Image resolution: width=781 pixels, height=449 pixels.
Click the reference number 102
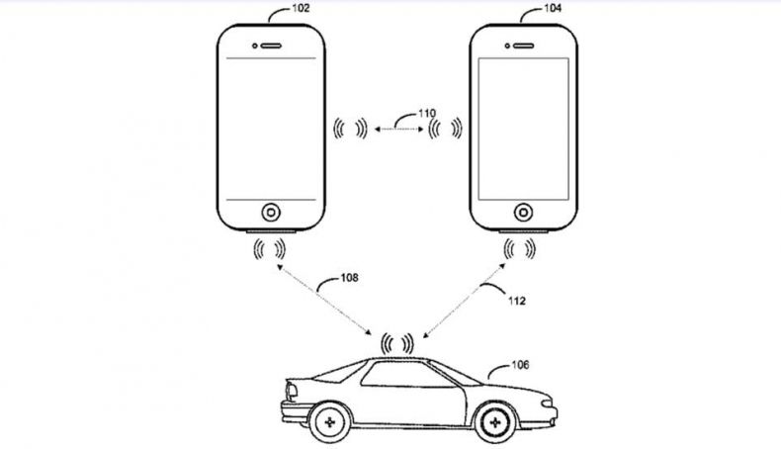[x=301, y=8]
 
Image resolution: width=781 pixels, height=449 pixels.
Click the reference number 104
[x=553, y=8]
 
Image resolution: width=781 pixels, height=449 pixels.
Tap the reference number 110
[x=427, y=113]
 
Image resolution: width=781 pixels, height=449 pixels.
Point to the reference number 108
[x=349, y=278]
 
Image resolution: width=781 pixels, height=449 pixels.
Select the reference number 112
[x=516, y=301]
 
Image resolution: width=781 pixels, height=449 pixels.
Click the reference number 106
[x=520, y=365]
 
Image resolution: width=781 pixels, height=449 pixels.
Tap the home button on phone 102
[x=271, y=213]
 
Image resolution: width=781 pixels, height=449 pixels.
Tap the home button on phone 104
[x=524, y=213]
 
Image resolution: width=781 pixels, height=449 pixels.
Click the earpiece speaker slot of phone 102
[x=271, y=45]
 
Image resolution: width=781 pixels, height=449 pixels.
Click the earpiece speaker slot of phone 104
[x=524, y=45]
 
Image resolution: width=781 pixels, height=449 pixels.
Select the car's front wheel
[x=494, y=422]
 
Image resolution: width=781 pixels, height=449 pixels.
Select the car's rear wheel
[x=329, y=422]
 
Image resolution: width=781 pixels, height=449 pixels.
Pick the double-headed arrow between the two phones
[x=399, y=130]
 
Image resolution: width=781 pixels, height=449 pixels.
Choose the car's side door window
[x=407, y=374]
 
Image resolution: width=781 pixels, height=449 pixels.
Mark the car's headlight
[x=547, y=403]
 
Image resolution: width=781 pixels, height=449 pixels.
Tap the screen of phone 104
[x=524, y=130]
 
